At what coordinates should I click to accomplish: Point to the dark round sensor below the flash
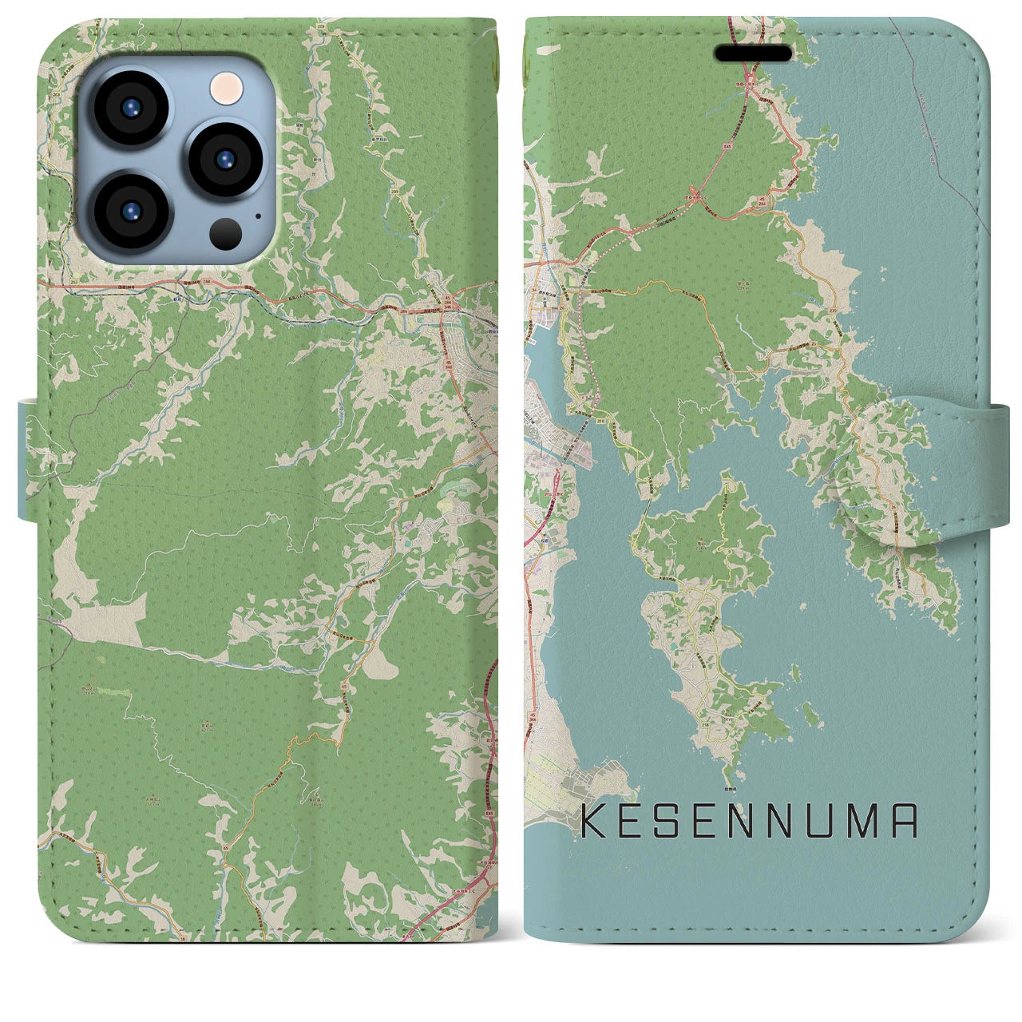[x=226, y=232]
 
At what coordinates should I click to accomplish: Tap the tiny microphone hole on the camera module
[x=257, y=215]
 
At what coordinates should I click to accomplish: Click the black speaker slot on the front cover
[x=753, y=53]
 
